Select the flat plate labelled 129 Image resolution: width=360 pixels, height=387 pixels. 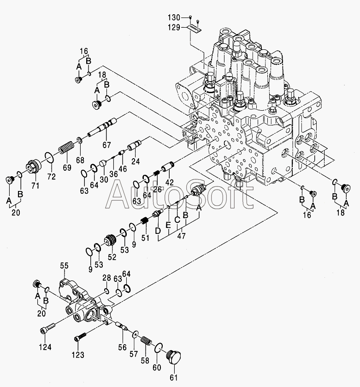(x=195, y=27)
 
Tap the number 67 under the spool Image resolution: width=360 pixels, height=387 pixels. (x=107, y=145)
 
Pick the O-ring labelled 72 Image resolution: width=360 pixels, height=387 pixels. (x=49, y=158)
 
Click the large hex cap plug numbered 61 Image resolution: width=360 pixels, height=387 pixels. (x=174, y=357)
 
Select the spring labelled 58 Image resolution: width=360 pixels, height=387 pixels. (x=147, y=341)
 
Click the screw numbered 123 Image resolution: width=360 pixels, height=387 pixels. (x=80, y=337)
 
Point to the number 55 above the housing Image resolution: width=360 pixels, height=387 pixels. (x=65, y=266)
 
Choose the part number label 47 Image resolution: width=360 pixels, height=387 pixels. (x=181, y=236)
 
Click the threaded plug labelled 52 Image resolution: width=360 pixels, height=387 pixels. (x=111, y=240)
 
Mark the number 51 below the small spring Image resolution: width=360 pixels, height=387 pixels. (x=145, y=238)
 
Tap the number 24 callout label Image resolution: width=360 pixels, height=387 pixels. (x=136, y=161)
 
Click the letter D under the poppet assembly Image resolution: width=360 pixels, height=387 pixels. (x=158, y=231)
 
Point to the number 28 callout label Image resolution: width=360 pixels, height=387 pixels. (x=107, y=278)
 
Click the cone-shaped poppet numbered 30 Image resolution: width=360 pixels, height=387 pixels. (x=103, y=163)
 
